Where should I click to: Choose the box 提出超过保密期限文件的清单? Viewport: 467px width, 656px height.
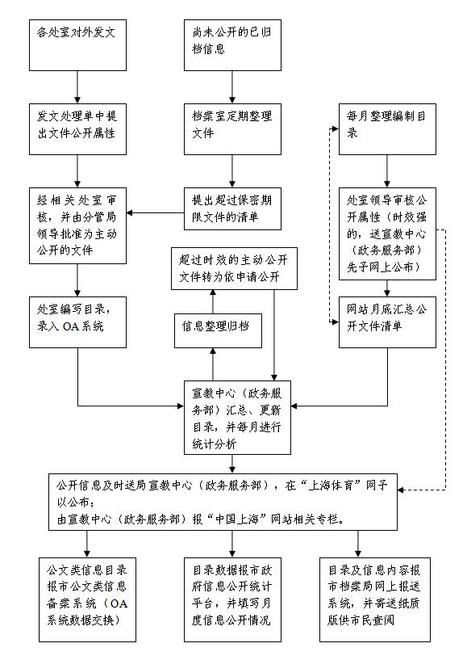[x=232, y=206]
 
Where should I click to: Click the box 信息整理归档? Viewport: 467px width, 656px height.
[x=213, y=328]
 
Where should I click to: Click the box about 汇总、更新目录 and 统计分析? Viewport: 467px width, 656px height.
[x=232, y=415]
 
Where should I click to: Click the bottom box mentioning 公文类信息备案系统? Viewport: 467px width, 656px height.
[x=86, y=593]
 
